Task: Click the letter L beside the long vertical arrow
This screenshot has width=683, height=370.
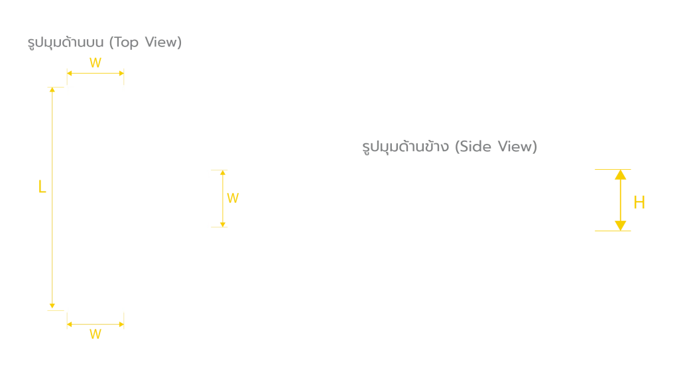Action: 42,187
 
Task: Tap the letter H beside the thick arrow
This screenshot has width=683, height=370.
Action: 639,202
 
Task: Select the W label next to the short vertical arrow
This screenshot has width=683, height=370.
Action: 233,198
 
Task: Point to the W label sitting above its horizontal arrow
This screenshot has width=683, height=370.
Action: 95,63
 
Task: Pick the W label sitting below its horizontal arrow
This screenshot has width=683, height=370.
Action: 95,334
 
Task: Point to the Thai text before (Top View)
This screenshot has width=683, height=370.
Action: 66,42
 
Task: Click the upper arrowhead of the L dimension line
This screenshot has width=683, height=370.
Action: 52,90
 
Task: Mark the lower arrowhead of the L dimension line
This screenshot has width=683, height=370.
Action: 52,306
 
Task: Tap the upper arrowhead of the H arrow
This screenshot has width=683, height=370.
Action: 620,175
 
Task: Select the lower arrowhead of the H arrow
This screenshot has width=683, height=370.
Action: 620,225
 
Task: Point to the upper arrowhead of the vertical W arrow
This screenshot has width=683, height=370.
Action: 223,172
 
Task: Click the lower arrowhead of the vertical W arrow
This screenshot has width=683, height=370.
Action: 223,224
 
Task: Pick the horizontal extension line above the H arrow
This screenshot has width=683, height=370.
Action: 613,169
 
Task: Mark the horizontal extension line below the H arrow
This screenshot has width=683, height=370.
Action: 613,231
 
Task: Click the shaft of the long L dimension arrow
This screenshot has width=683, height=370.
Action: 52,198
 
